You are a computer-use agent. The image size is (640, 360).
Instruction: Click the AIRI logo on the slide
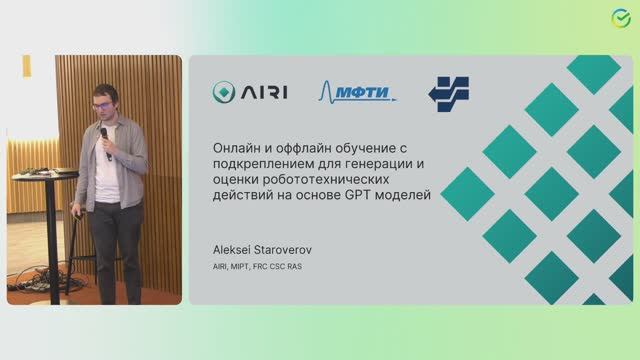pos(250,93)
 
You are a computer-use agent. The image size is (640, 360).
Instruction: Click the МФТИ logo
pos(357,93)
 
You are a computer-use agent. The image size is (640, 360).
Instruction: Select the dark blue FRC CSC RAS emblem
pos(448,92)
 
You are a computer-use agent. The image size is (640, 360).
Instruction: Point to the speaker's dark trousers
pos(115,245)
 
